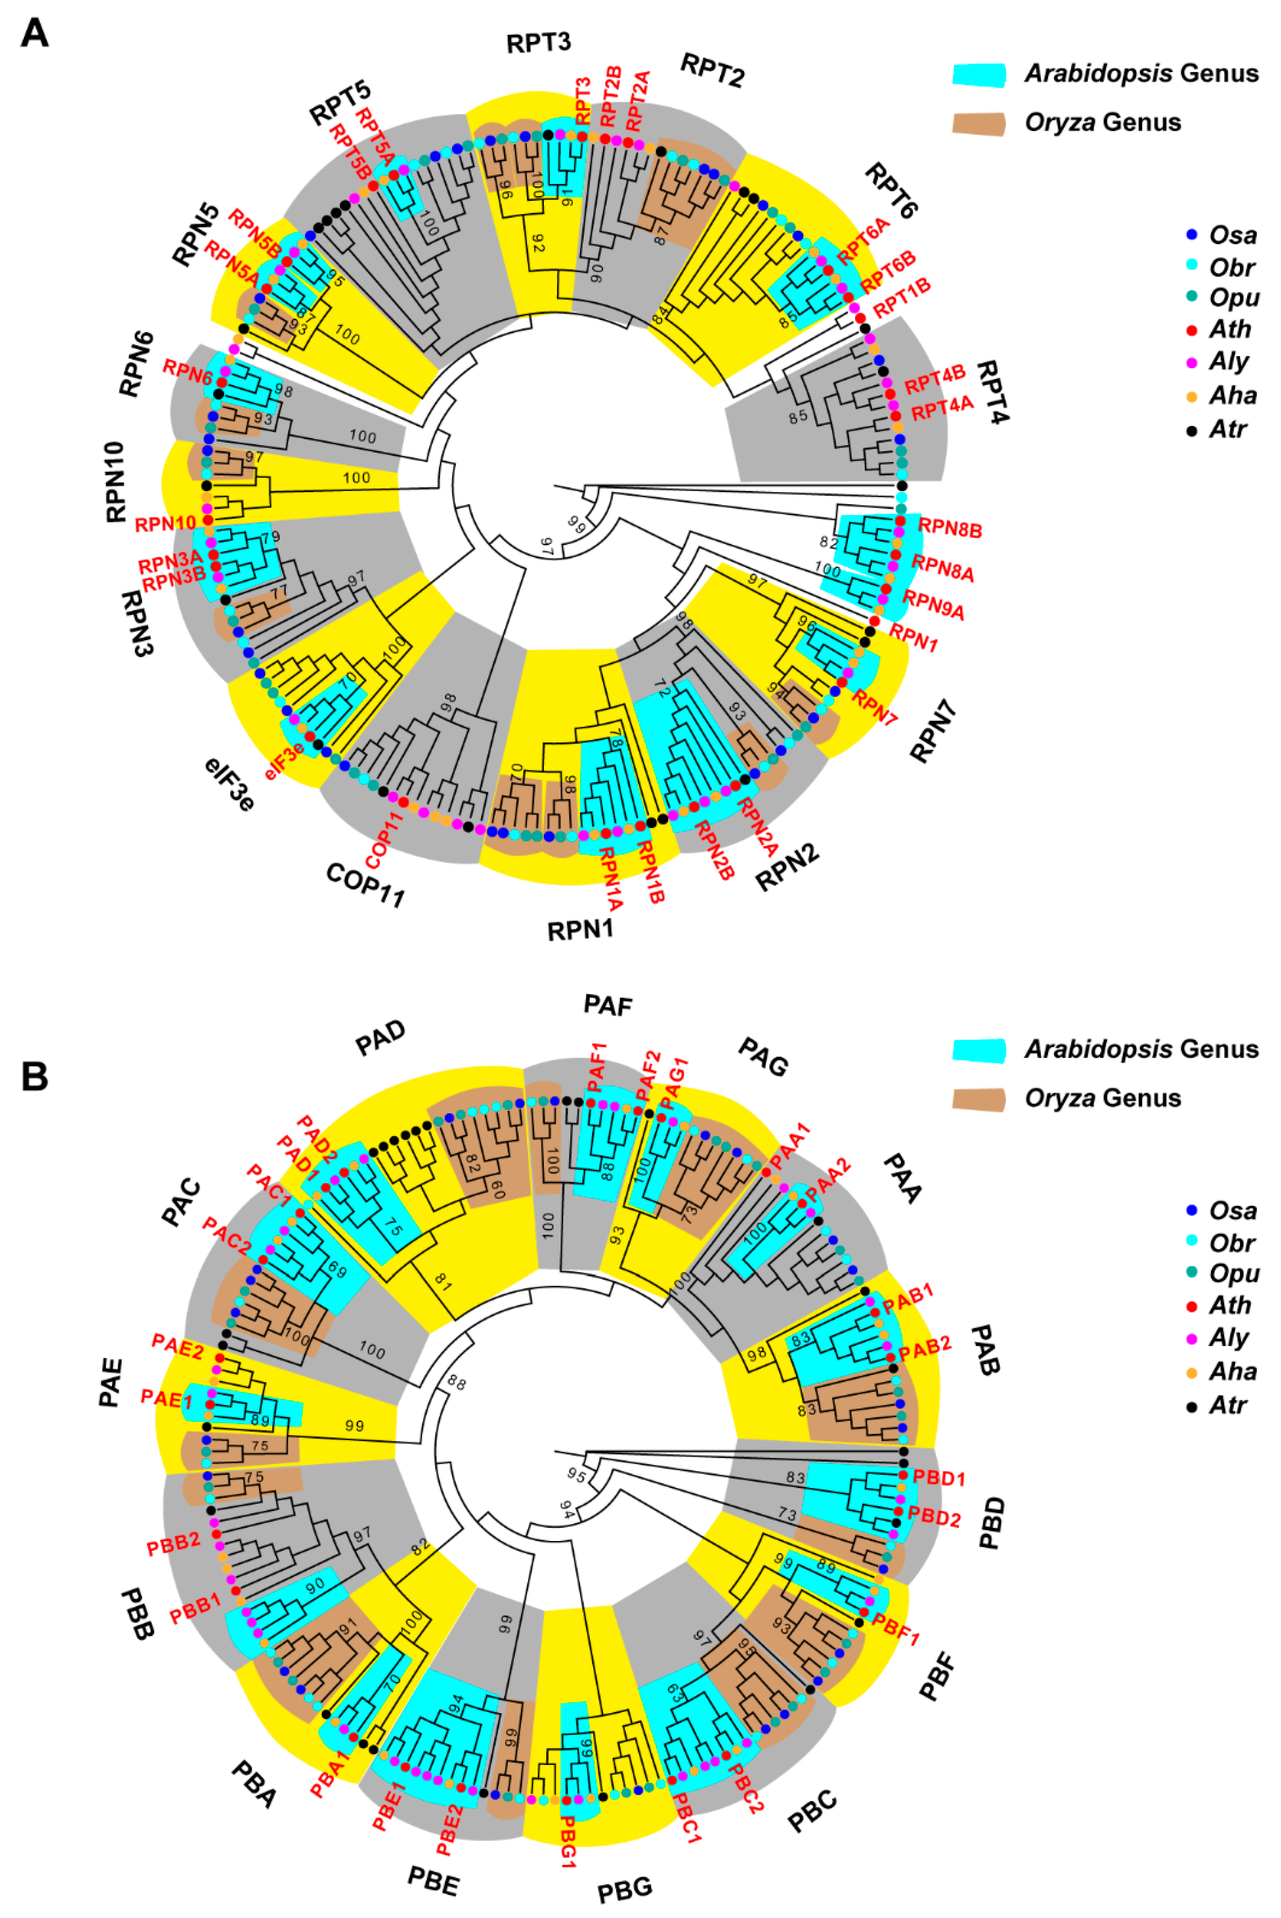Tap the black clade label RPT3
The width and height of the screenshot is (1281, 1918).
[539, 42]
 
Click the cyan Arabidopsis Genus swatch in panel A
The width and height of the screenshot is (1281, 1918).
[979, 74]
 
